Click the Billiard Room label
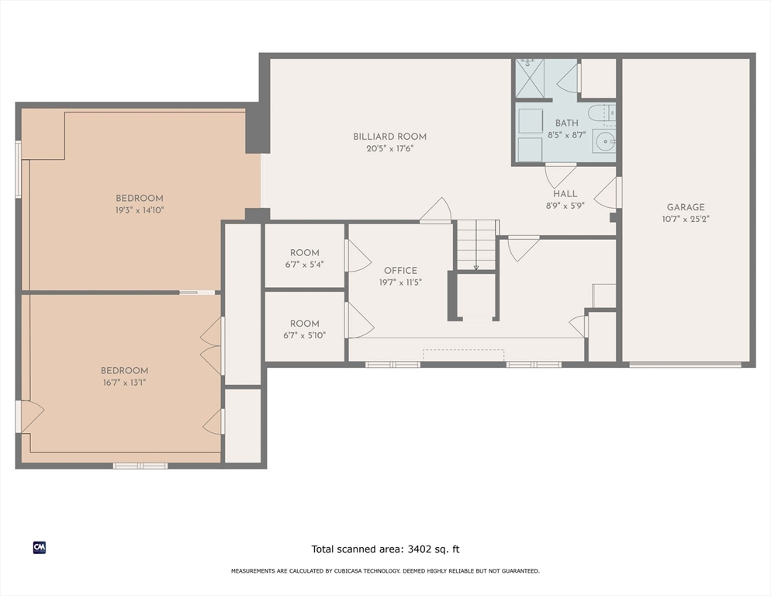point(389,137)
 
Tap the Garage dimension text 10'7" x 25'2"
point(686,219)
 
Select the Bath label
point(566,123)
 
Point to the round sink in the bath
point(603,142)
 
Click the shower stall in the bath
point(530,78)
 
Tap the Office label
point(400,271)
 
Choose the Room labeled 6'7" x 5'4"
point(304,253)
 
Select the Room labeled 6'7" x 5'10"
point(304,324)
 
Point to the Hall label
point(565,194)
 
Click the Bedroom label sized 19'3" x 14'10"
point(139,199)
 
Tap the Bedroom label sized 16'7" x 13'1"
point(124,371)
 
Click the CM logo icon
point(40,548)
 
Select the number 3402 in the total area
point(417,549)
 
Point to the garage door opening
point(685,365)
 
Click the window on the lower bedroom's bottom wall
point(140,466)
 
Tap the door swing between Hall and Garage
point(606,192)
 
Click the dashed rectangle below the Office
point(463,355)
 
